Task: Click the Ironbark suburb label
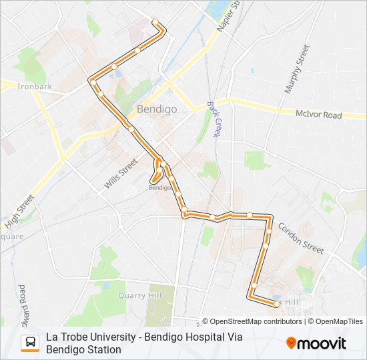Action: tap(35, 87)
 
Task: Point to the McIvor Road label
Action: tap(318, 115)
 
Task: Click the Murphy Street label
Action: tap(297, 69)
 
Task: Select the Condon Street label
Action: tap(300, 237)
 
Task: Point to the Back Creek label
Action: tap(214, 119)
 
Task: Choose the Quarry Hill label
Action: tap(139, 295)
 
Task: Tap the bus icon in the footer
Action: tap(30, 343)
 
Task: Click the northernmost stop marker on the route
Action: tap(156, 23)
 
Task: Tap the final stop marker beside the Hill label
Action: tap(277, 304)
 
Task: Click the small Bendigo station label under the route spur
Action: tap(159, 188)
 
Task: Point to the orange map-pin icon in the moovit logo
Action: tap(291, 343)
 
